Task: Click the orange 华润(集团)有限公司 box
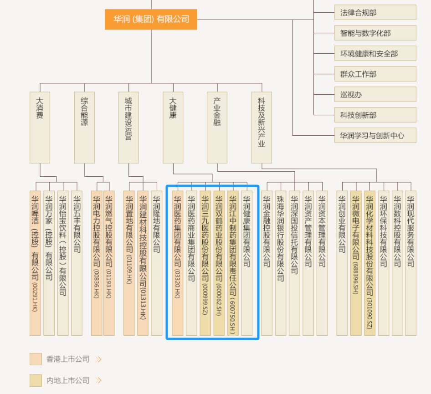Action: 151,20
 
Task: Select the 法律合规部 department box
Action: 375,13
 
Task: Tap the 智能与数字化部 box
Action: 375,33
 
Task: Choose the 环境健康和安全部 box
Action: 375,54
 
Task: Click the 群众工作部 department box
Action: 375,74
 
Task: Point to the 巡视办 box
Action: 375,95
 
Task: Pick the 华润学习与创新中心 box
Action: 375,136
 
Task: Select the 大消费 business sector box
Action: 40,128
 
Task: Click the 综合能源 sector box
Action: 84,128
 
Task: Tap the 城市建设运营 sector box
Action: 128,128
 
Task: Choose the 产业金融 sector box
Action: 217,128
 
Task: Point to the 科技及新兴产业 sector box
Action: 262,128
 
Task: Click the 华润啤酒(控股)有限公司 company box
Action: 35,263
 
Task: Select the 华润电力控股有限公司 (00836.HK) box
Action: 97,263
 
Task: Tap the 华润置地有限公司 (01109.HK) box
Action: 129,263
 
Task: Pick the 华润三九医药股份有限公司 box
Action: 205,263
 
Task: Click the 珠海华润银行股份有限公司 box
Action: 280,263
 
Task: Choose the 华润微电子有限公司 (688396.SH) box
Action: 356,263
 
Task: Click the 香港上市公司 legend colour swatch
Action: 36,359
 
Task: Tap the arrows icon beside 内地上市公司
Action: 98,380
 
